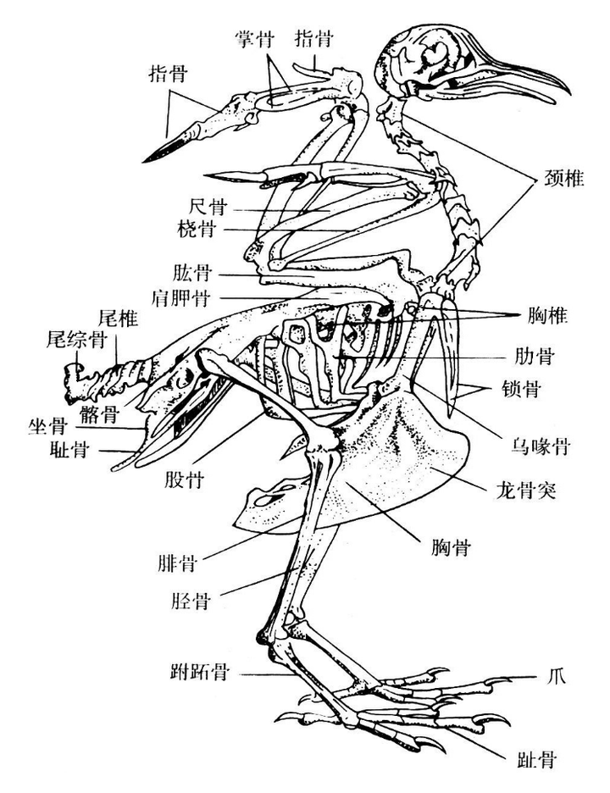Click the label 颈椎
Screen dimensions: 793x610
click(559, 179)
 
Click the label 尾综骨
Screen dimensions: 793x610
click(75, 340)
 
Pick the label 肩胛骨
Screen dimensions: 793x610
click(182, 297)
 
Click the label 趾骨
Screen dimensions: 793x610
click(537, 759)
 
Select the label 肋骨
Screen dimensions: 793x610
click(535, 356)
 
